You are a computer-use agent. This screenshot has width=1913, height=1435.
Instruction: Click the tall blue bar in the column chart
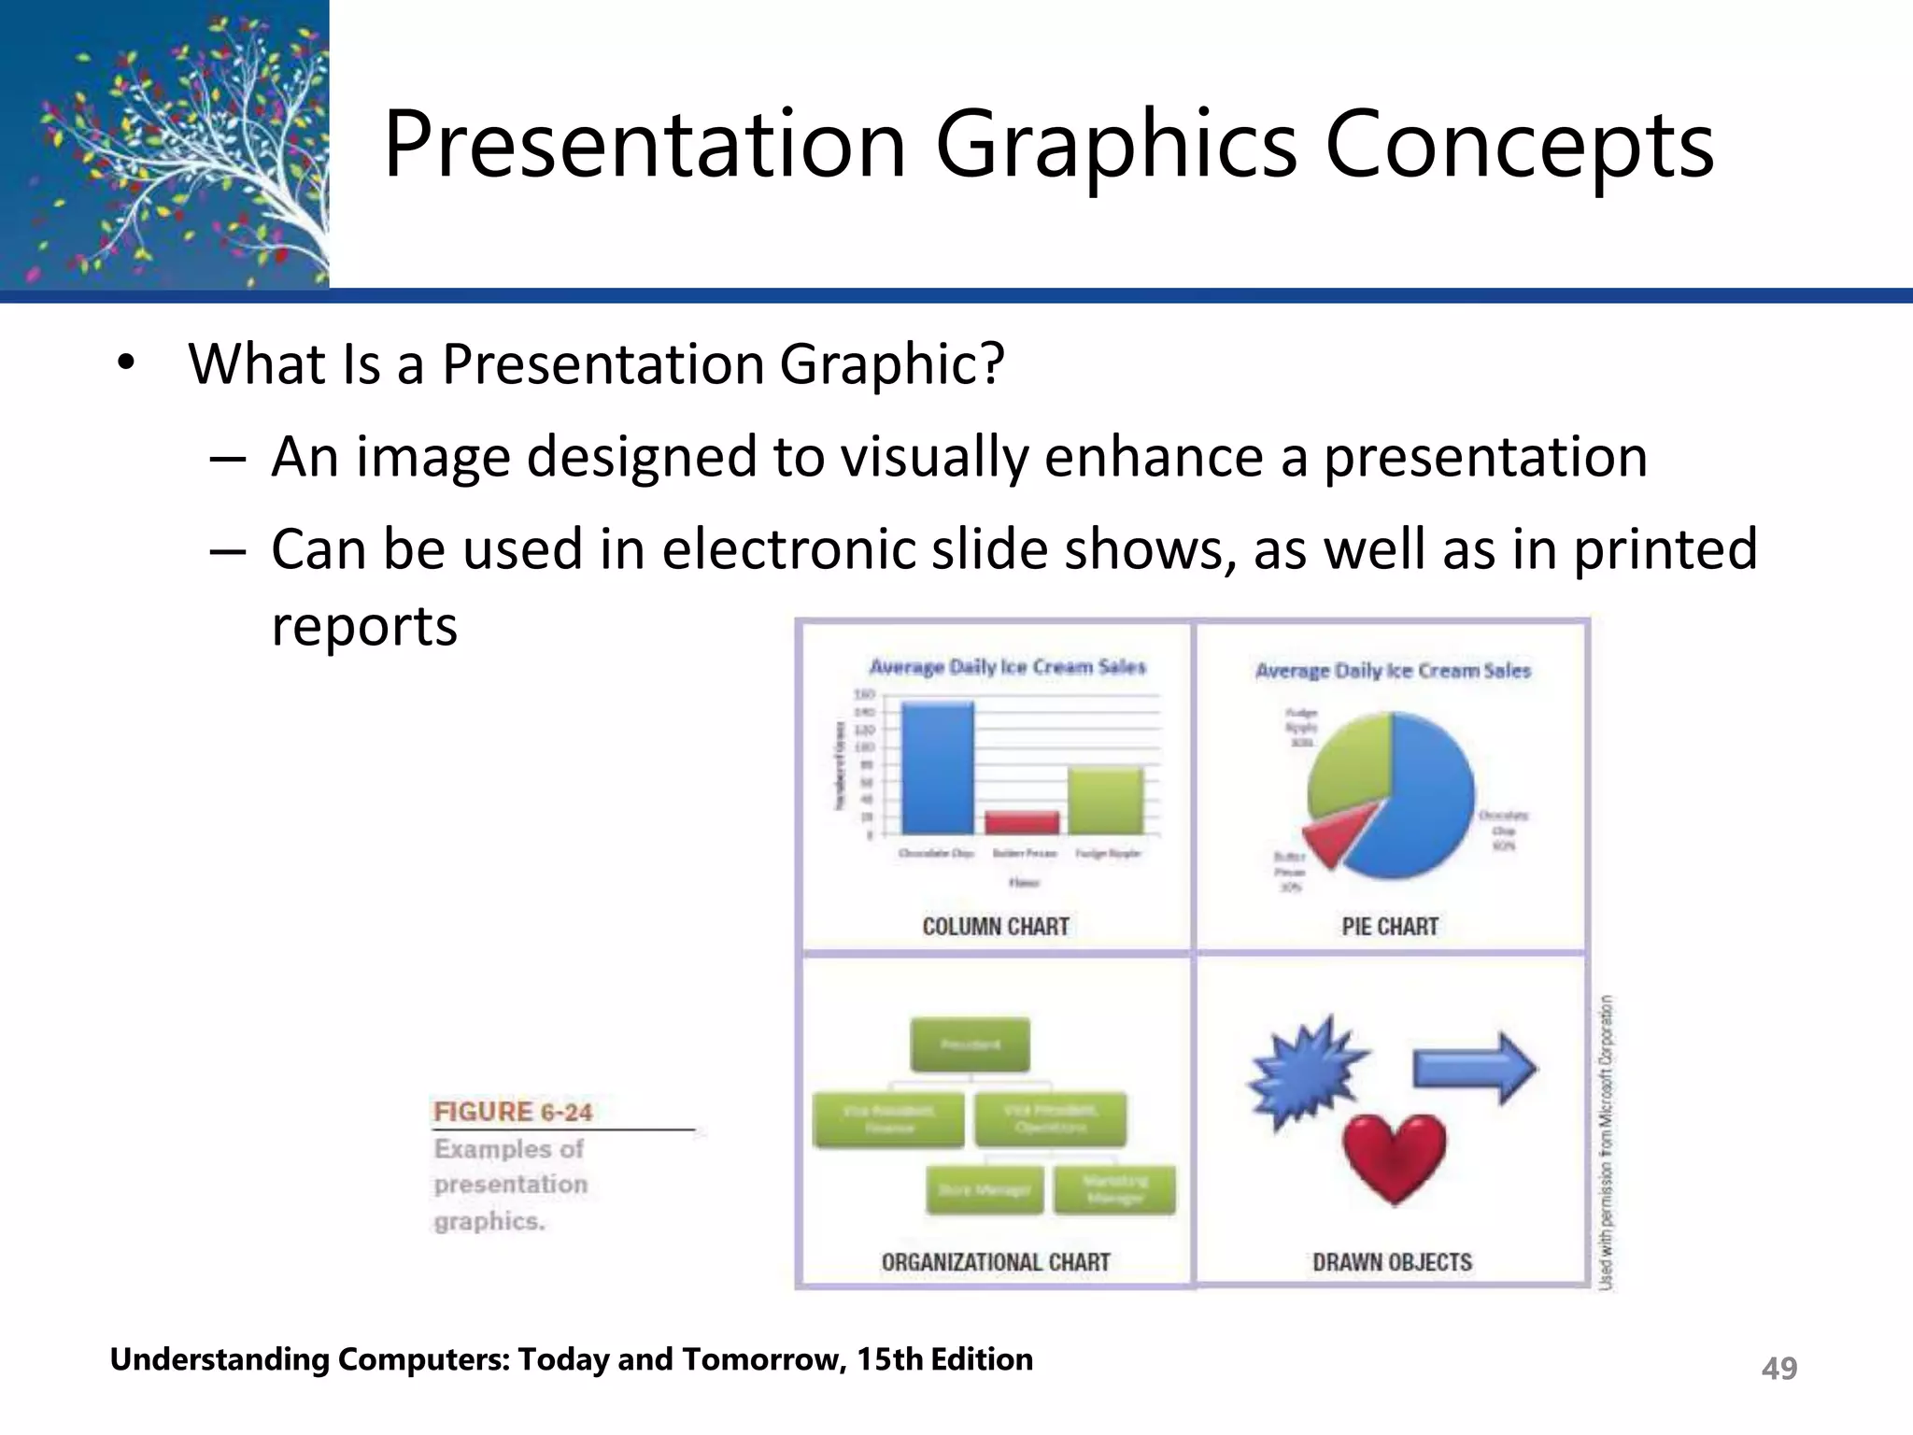[x=936, y=768]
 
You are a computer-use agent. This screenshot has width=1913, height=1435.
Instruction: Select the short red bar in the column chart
[x=1022, y=822]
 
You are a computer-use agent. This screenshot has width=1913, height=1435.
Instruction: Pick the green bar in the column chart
[x=1105, y=801]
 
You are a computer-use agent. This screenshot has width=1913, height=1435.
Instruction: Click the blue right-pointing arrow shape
[x=1474, y=1068]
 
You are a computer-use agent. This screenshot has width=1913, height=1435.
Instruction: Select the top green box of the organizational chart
[x=970, y=1044]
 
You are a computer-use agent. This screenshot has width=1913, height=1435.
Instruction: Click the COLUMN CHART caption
[x=996, y=927]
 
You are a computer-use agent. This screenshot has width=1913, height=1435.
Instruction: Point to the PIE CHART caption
[x=1390, y=927]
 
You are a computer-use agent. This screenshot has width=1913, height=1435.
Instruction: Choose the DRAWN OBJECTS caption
[x=1392, y=1262]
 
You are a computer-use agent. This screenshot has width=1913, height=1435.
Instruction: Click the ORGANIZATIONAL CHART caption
[x=996, y=1262]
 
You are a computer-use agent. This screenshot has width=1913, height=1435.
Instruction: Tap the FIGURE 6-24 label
[x=513, y=1112]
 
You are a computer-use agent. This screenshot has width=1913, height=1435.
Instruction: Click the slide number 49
[x=1778, y=1368]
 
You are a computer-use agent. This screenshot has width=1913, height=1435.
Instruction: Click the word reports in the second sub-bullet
[x=364, y=626]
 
